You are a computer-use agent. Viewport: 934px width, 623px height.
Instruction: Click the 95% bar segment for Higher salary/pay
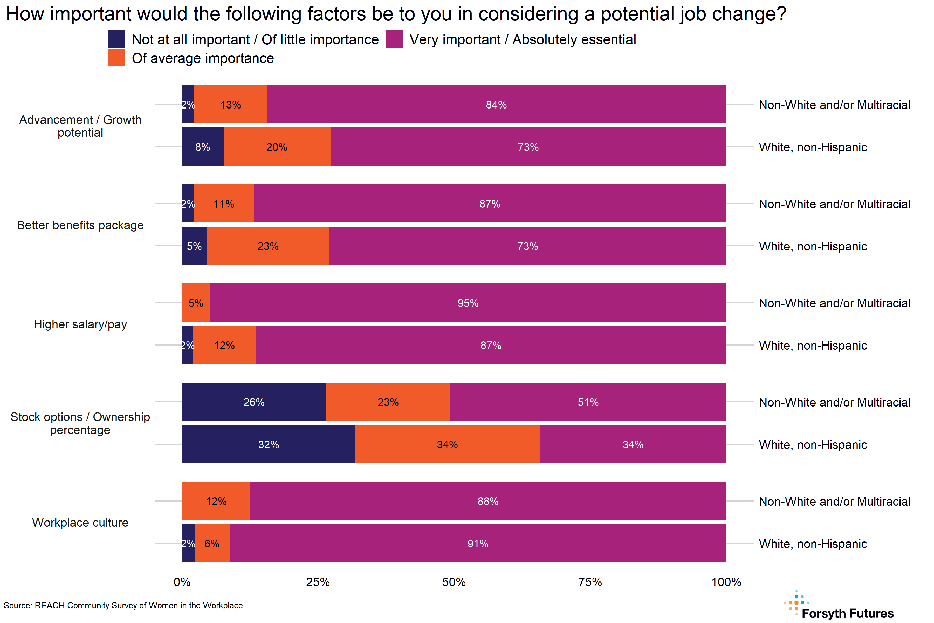pos(468,303)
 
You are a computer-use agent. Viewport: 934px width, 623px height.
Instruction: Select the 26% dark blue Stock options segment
pos(254,402)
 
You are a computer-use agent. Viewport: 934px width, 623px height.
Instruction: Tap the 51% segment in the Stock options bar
pos(588,402)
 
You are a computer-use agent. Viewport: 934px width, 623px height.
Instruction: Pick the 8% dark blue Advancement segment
pos(203,147)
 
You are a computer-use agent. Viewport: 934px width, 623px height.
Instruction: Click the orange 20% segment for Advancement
pos(277,147)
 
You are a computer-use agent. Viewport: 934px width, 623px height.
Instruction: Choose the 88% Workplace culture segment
pos(488,501)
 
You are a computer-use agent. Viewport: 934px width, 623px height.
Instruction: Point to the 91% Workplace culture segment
pos(478,543)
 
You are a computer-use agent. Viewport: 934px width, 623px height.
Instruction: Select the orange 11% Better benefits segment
pos(224,204)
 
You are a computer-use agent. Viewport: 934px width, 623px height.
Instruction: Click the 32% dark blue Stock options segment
pos(269,444)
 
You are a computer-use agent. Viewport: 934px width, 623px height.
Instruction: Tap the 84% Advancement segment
pos(496,105)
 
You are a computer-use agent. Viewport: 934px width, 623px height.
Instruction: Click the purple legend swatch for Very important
pos(394,39)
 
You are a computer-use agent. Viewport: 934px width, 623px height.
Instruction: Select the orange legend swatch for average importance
pos(116,58)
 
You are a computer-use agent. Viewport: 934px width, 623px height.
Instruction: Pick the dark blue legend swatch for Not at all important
pos(116,39)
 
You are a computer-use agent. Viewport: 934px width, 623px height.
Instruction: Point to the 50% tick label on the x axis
pos(454,582)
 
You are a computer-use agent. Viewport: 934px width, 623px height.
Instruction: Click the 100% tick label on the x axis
pos(726,582)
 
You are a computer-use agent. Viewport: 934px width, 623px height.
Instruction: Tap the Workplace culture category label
pos(80,523)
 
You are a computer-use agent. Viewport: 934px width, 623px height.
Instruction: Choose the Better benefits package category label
pos(80,225)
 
